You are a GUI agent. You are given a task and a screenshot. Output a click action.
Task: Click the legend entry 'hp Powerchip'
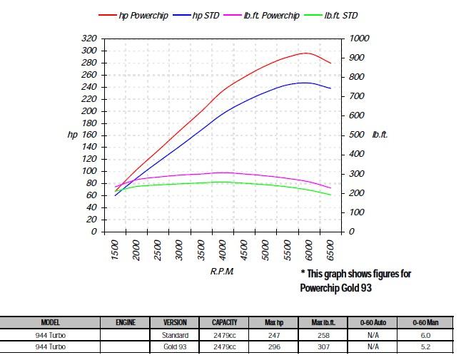(143, 16)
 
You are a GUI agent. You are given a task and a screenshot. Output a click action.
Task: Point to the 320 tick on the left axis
(91, 38)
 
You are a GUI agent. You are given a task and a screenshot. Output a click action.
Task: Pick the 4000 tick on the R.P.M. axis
(223, 250)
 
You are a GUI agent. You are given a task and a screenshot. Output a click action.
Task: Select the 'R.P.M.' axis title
(223, 272)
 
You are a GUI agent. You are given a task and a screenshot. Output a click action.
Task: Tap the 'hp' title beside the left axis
(71, 134)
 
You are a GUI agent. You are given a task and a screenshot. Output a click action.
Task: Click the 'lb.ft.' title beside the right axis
(379, 134)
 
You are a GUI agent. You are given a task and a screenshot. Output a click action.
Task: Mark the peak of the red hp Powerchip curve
(305, 53)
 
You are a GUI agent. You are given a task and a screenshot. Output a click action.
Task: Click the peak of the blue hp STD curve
(305, 83)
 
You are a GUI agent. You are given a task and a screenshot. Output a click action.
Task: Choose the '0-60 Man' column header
(425, 322)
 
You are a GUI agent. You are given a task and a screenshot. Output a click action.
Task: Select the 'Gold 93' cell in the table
(176, 346)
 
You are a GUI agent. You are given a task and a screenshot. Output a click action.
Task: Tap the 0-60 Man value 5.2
(425, 346)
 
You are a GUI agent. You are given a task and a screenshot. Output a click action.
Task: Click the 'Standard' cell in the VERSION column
(176, 334)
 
